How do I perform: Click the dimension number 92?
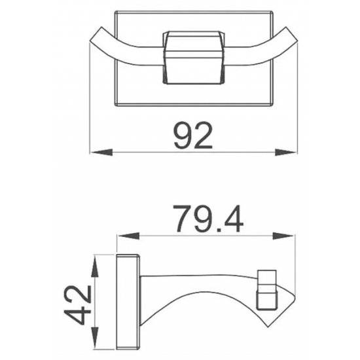(x=192, y=136)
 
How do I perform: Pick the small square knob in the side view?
(x=266, y=288)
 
